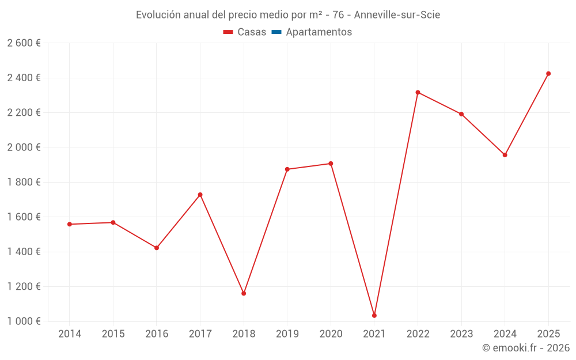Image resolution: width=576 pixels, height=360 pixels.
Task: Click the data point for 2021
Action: coord(374,316)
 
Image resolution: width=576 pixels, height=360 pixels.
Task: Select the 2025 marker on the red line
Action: coord(548,74)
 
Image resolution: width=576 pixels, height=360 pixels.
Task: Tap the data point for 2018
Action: coord(244,294)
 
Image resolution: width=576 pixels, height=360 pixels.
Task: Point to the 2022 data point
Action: coord(418,92)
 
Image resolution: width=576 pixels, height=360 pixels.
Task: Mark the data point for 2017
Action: coord(200,195)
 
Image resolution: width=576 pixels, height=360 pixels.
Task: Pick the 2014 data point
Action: coord(70,224)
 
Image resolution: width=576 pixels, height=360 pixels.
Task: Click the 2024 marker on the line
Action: coord(505,155)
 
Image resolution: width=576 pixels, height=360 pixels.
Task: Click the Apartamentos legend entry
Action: coord(319,32)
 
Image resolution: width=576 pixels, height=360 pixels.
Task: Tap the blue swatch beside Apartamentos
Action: coord(276,32)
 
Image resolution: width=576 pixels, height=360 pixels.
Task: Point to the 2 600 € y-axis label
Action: coord(24,43)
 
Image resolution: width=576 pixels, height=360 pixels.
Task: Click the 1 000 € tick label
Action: coord(24,321)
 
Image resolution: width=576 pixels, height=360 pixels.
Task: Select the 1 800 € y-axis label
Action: coord(24,182)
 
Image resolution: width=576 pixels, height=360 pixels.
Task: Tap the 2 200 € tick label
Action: coord(24,113)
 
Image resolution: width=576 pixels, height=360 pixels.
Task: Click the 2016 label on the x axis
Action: coord(157,334)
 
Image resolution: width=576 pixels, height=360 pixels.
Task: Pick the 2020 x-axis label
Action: coord(331,334)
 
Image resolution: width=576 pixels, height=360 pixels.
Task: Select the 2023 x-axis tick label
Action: coord(461,334)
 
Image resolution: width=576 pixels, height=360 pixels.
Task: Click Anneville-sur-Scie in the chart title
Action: coord(397,15)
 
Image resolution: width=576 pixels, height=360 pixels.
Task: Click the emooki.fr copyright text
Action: coord(526,348)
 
